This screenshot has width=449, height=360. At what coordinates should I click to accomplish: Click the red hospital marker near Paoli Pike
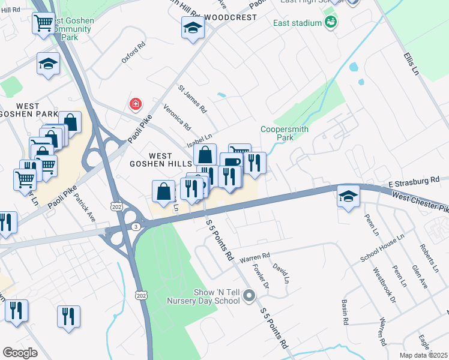point(136,105)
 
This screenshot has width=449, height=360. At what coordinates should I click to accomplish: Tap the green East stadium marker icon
point(330,23)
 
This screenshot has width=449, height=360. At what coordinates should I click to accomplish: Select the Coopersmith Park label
point(277,133)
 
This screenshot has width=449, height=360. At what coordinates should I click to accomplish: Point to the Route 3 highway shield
point(136,226)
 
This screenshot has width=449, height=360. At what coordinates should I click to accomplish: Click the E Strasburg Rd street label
point(414,181)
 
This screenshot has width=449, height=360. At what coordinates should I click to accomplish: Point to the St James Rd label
point(192,99)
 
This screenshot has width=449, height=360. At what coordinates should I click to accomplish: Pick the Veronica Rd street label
point(177,118)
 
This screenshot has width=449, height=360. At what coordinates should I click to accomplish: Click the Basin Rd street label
point(345,312)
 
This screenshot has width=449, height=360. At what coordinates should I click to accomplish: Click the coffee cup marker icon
point(232,163)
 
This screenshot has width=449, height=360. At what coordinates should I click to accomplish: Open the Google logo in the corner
point(20,352)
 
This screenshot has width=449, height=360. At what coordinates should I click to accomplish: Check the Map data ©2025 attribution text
point(423,355)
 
